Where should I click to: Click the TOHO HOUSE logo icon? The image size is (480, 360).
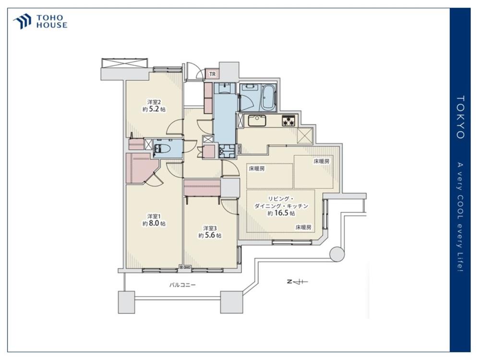[x=22, y=21]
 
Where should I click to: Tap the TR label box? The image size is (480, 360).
[x=212, y=74]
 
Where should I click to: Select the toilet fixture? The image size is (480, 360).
[x=163, y=149]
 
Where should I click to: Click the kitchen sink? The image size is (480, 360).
[x=257, y=120]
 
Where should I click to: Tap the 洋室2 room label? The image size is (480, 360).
[x=154, y=102]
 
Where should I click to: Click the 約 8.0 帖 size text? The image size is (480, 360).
[x=154, y=224]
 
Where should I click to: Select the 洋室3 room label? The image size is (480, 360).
[x=210, y=228]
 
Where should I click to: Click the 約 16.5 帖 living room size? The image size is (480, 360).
[x=281, y=213]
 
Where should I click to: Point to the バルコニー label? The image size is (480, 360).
[x=183, y=285]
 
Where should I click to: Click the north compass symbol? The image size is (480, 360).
[x=297, y=282]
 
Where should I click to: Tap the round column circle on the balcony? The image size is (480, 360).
[x=337, y=254]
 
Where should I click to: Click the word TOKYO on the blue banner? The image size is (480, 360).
[x=461, y=117]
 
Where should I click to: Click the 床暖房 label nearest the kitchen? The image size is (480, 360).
[x=256, y=168]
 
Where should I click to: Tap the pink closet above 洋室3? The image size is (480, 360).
[x=202, y=187]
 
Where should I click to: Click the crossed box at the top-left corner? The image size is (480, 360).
[x=125, y=63]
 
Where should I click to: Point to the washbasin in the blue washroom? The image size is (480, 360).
[x=225, y=88]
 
